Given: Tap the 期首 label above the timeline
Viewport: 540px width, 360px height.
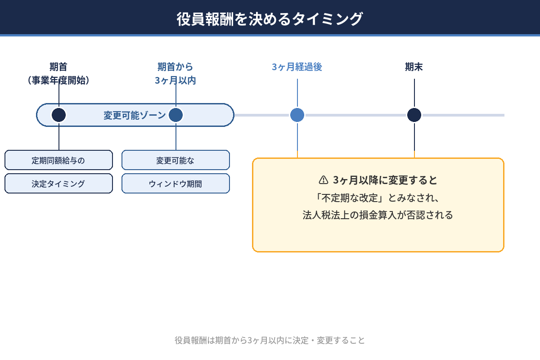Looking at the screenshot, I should tap(58, 67).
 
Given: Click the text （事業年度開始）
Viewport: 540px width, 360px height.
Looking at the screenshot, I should tap(58, 81).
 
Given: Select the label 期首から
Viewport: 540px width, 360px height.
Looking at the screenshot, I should tap(175, 67).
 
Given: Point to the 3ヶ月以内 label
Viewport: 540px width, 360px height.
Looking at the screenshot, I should tap(175, 81).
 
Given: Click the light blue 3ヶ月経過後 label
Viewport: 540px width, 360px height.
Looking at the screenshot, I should tap(297, 67).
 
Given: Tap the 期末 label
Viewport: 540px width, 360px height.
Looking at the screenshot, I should tap(414, 67).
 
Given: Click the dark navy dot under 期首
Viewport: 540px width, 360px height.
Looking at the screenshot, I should tap(58, 115).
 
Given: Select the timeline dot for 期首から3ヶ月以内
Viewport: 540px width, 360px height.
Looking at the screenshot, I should tap(175, 115).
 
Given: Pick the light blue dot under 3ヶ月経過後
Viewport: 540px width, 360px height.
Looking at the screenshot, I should tap(297, 115).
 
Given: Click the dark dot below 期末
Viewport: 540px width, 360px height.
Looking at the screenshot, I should tap(414, 115).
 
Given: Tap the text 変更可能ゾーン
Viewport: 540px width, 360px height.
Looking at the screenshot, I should tap(135, 115).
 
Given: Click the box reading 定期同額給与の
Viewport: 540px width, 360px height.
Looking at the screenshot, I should tap(58, 160).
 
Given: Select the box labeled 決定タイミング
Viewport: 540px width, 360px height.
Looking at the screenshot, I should tap(58, 184).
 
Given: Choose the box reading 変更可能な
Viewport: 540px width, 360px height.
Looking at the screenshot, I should tap(175, 160).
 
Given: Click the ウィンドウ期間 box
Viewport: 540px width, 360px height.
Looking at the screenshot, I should tap(175, 184).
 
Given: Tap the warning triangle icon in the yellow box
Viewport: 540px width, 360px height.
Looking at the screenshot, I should tap(323, 180).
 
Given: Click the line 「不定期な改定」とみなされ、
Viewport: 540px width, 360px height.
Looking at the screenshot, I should tap(378, 198).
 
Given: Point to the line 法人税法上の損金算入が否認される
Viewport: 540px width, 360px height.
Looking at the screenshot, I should tap(378, 215).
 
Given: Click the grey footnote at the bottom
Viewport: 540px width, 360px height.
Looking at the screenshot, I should tap(270, 340).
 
